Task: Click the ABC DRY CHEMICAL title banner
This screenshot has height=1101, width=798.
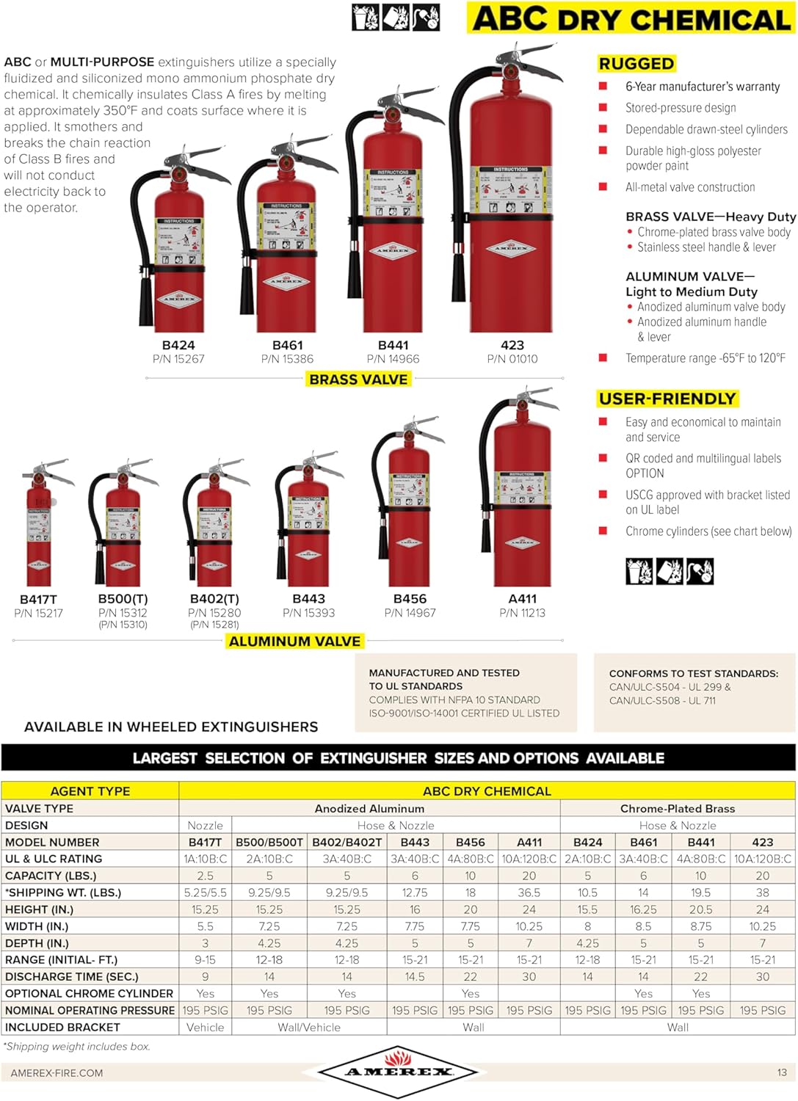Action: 631,19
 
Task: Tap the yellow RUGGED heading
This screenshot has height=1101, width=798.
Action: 636,64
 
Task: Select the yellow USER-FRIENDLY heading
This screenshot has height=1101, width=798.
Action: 667,399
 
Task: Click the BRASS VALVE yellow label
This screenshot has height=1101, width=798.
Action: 358,379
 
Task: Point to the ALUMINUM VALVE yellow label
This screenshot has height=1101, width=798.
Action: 294,642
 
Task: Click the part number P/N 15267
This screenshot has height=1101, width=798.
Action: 178,359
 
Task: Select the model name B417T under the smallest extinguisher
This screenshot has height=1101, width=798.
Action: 38,599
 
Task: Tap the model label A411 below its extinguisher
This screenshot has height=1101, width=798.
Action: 522,599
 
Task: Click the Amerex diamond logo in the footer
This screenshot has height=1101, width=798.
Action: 398,1072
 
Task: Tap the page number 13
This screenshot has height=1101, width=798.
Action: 782,1072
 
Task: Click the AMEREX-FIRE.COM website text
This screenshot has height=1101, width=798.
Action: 57,1073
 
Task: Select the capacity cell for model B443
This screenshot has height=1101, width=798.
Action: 415,876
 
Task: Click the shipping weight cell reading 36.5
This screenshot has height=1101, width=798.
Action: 529,893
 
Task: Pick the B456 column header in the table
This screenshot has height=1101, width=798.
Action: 470,842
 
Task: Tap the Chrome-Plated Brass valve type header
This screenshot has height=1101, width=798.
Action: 677,808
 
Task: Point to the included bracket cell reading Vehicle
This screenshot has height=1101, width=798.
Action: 205,1028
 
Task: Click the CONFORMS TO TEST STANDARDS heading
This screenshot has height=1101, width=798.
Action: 693,673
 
